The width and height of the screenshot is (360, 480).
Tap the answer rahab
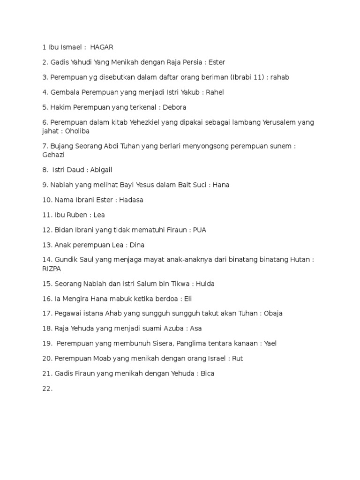pos(280,77)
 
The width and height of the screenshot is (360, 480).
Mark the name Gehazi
pos(53,155)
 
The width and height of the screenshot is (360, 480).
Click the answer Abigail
pos(99,170)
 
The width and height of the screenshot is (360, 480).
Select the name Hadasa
pos(131,200)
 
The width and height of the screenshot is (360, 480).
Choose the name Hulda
pos(205,284)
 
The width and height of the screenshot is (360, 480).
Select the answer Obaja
pos(273,313)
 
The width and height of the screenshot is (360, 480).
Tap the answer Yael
pos(270,343)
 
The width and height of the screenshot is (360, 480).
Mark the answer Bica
pos(207,373)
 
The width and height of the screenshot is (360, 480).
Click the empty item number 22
pos(47,388)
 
